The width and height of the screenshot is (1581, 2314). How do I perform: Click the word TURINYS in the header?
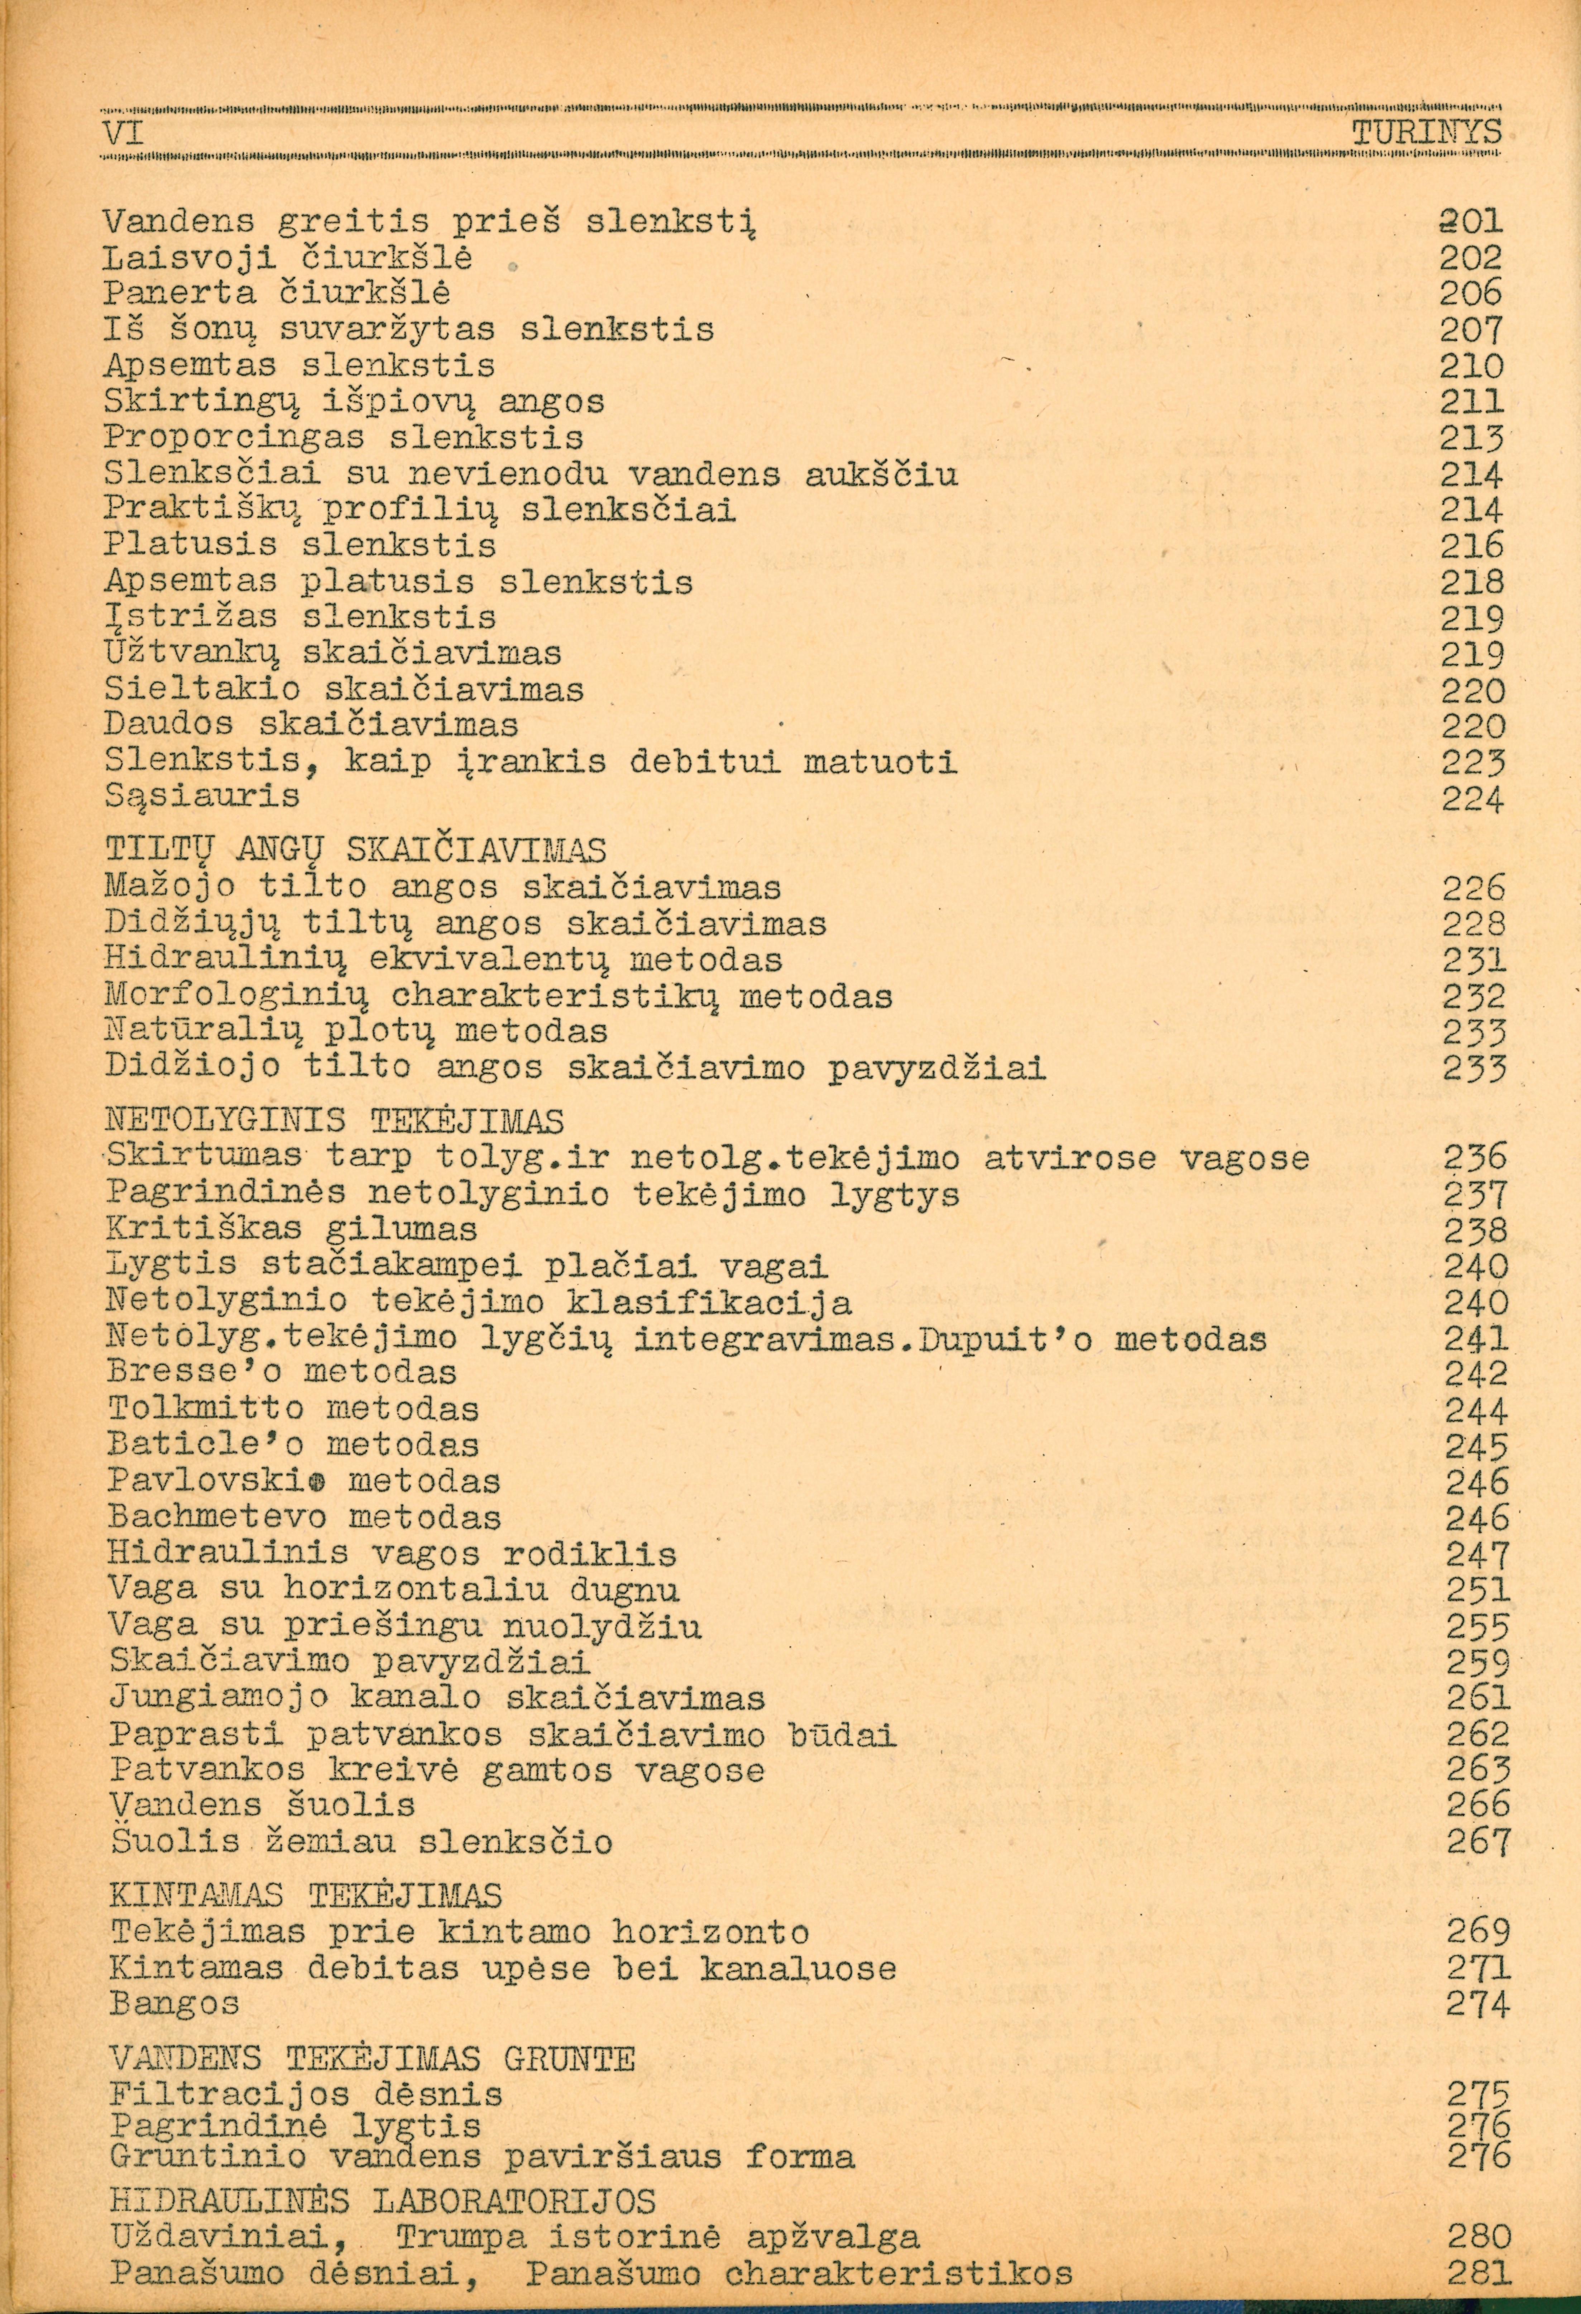1426,133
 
